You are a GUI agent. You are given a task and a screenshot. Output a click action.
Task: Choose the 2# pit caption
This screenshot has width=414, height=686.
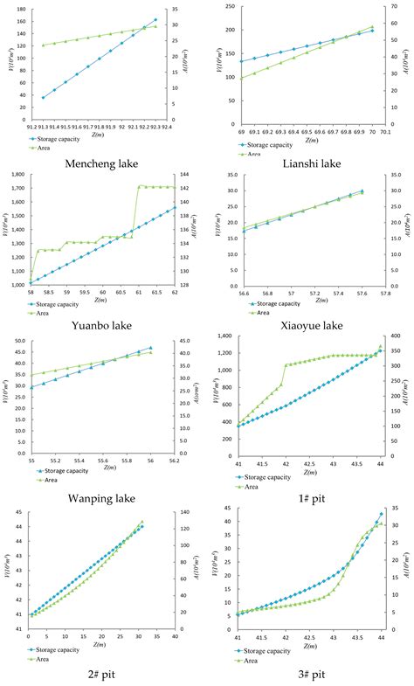tap(102, 674)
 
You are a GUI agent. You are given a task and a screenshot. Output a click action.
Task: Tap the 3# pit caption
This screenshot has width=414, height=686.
tap(313, 674)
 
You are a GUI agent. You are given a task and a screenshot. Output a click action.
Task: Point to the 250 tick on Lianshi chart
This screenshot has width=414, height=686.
tap(227, 6)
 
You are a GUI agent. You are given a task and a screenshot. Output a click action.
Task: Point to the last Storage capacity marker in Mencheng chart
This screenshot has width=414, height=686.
tap(155, 19)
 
